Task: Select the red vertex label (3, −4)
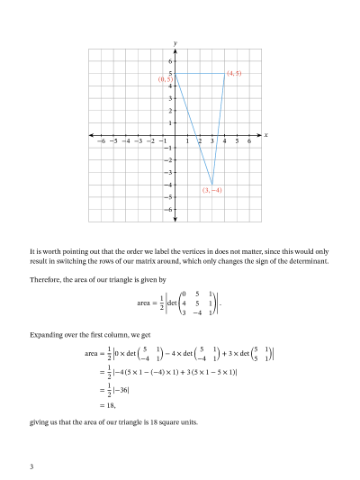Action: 211,190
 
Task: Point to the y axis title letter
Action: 175,42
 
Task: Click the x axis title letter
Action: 266,135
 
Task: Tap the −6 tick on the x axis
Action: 101,141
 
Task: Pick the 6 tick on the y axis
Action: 170,60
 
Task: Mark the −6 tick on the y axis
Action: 168,209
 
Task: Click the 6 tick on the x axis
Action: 249,141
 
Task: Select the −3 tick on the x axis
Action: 138,141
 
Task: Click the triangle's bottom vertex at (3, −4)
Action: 212,184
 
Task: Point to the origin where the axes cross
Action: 175,135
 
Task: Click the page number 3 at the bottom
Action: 31,466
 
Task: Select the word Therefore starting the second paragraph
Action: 46,279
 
